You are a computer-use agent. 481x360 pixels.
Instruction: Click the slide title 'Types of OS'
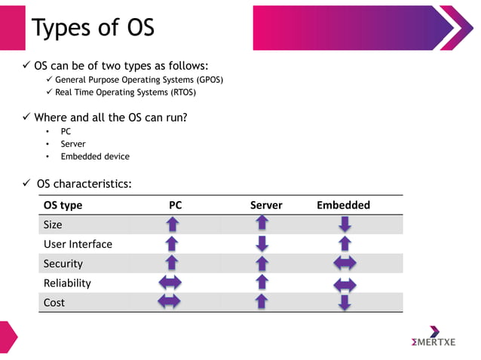93,28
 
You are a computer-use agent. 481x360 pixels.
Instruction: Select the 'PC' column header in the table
175,205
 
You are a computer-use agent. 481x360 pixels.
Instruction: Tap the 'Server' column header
266,205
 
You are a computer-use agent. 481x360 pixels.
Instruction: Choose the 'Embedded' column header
343,205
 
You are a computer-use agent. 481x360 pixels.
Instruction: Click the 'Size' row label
53,224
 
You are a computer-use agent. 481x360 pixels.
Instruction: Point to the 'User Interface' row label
78,244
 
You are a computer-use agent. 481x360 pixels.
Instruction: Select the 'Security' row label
63,264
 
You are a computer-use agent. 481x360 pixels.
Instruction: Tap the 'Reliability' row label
67,283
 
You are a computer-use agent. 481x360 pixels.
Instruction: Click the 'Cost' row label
54,303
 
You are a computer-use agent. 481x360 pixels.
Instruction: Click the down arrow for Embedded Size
345,224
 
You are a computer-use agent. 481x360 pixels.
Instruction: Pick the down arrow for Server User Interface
262,243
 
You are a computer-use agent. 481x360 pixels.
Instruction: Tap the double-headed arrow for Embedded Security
345,264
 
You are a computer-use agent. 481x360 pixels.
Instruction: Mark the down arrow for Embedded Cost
345,303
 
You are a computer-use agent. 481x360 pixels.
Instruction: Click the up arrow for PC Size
172,224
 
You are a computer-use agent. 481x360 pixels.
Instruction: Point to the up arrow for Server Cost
262,302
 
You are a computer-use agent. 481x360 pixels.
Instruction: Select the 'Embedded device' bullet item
95,157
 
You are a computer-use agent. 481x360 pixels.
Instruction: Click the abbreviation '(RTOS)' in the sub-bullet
181,93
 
